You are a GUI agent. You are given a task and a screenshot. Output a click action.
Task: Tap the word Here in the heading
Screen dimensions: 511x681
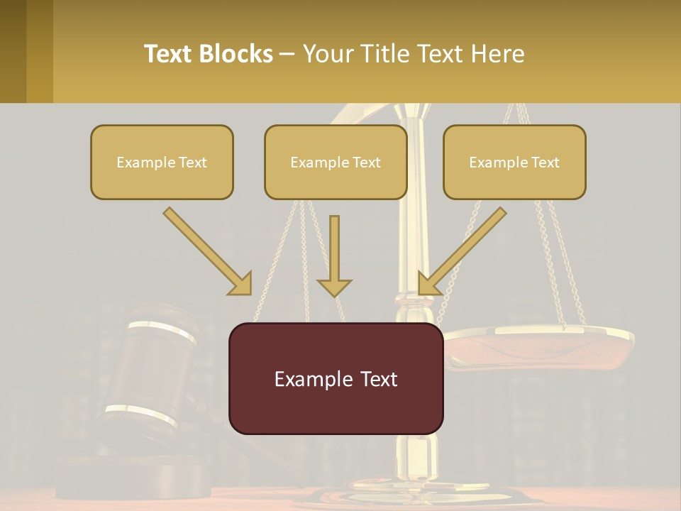coord(497,54)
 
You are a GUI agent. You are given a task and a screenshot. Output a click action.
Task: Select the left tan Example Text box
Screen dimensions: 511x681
coord(162,162)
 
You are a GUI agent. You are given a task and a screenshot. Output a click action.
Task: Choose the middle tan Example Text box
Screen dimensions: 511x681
coord(336,162)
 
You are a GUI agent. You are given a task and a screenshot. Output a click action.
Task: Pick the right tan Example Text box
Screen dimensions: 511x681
coord(514,162)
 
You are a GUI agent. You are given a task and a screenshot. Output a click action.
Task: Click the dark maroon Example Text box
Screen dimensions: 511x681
coord(336,378)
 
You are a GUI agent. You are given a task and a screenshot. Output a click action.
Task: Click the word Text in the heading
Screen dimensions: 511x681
coord(171,54)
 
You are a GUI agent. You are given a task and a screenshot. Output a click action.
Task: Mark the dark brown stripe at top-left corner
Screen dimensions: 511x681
coord(13,51)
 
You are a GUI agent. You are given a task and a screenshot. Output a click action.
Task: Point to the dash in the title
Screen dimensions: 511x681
coord(287,54)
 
